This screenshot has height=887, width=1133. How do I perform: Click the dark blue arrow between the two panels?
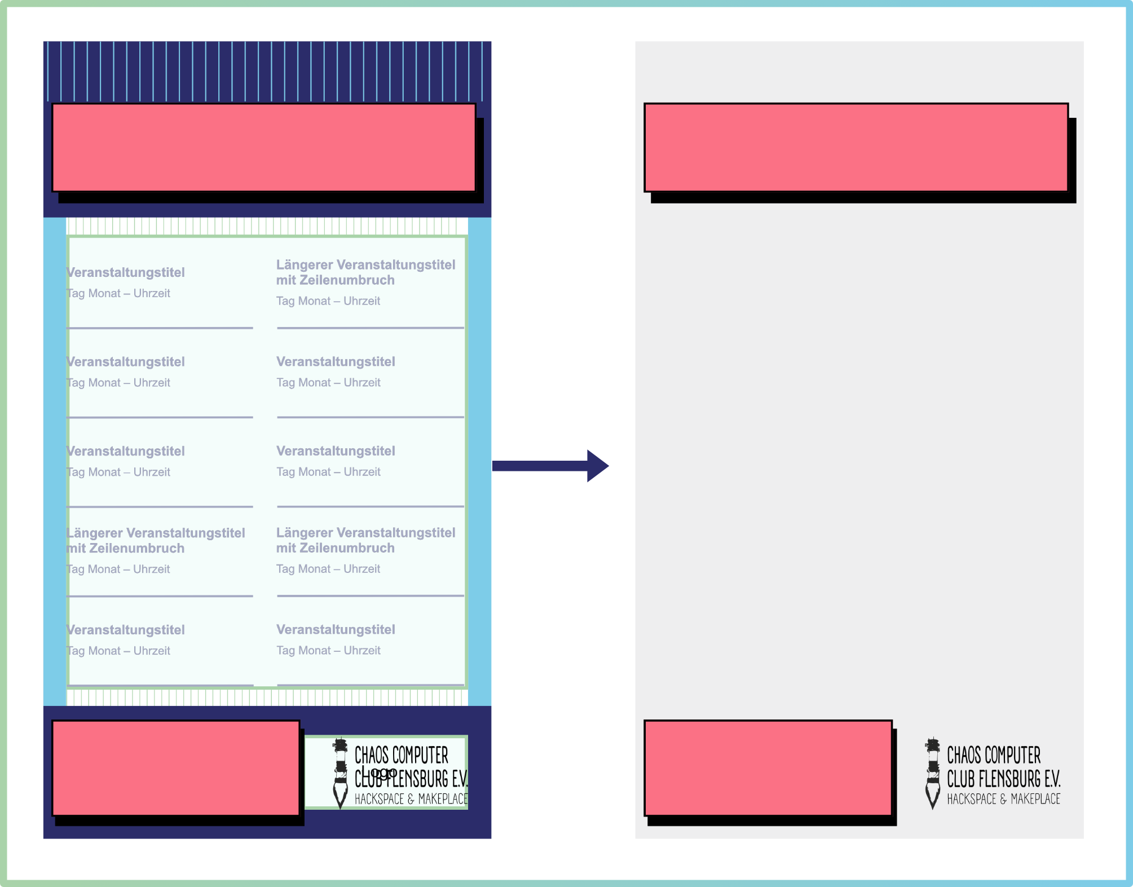550,466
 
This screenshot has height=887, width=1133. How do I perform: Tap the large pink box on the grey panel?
856,148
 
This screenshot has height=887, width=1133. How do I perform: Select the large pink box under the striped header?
264,148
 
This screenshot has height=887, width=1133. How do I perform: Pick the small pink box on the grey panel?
768,768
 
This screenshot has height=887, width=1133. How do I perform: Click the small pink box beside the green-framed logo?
175,768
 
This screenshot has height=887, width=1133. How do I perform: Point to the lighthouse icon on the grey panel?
933,773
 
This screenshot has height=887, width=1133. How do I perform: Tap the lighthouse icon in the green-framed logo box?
340,773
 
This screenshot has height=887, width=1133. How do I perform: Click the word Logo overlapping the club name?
379,772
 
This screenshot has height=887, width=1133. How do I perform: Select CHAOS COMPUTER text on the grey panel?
993,755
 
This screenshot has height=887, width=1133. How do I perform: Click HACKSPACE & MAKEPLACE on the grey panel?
1003,799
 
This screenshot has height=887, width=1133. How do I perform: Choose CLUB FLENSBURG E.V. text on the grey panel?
1003,779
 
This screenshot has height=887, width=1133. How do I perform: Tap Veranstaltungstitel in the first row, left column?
126,272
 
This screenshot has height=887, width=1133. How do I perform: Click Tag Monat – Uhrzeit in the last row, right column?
328,650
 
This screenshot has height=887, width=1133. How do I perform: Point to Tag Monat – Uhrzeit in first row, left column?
118,293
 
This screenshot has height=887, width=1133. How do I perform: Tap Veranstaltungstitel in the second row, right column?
336,361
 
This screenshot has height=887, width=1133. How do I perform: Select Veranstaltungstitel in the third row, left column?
126,451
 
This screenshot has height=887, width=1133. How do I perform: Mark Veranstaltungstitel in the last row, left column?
126,630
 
